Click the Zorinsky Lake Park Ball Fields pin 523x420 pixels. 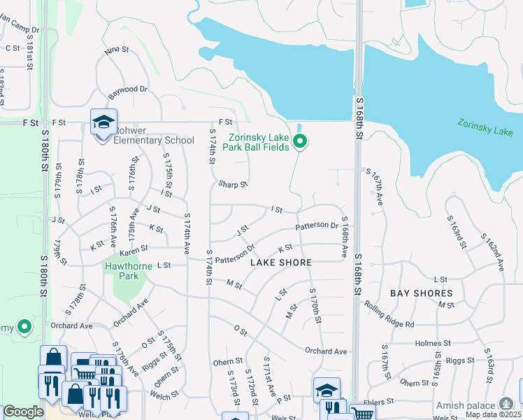[300, 141]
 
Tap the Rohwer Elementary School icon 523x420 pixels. [103, 123]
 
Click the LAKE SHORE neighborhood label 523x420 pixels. [280, 262]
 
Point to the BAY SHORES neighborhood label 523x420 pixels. [421, 293]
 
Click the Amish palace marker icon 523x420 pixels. [506, 404]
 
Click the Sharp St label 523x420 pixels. [233, 184]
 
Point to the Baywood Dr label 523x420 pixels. [129, 90]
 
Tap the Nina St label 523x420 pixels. [117, 50]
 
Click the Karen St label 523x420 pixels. [134, 249]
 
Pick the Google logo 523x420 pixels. [23, 412]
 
